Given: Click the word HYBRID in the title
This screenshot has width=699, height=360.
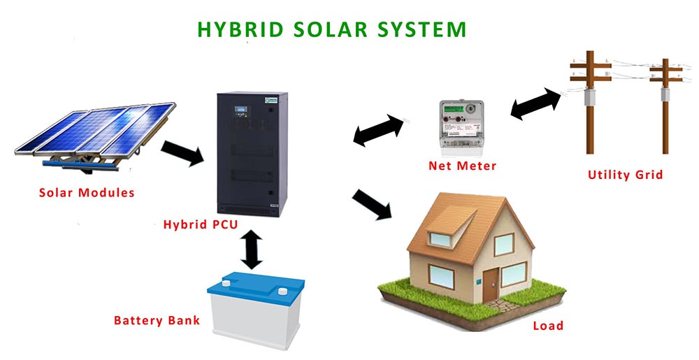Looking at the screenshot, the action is click(240, 29).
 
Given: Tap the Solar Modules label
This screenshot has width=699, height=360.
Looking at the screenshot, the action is click(87, 192).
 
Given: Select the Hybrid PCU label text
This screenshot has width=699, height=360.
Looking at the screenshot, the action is click(201, 224).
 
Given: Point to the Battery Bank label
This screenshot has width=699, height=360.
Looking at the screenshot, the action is click(157, 320).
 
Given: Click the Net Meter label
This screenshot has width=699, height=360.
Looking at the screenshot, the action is click(462, 166).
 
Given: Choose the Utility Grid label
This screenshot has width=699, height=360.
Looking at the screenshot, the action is click(625, 175).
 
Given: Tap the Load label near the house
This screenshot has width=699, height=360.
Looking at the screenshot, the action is click(548, 326).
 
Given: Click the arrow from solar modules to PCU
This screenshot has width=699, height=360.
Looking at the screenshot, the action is click(182, 153).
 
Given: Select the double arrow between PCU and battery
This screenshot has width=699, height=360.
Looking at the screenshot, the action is click(252, 250).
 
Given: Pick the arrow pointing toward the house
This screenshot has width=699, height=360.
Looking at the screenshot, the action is click(372, 204).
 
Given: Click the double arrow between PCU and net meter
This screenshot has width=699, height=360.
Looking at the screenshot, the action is click(379, 130).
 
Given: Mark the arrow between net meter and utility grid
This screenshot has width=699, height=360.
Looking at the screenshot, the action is click(536, 104).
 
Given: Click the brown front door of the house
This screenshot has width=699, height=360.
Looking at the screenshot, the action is click(490, 285).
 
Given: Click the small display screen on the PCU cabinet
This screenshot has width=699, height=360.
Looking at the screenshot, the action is click(241, 109).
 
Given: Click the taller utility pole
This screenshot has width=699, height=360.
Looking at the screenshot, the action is click(590, 102).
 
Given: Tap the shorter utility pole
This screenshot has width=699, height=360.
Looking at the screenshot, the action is click(665, 106).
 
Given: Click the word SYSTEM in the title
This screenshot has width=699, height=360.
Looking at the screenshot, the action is click(421, 29).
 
